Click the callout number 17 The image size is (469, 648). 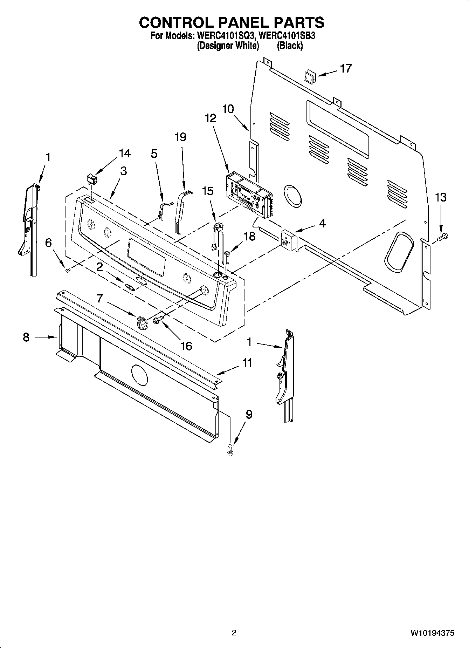click(345, 68)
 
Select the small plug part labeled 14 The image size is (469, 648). click(92, 179)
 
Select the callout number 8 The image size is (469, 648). click(26, 337)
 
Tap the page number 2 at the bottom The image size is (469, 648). click(234, 633)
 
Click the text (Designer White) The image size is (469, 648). click(228, 46)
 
